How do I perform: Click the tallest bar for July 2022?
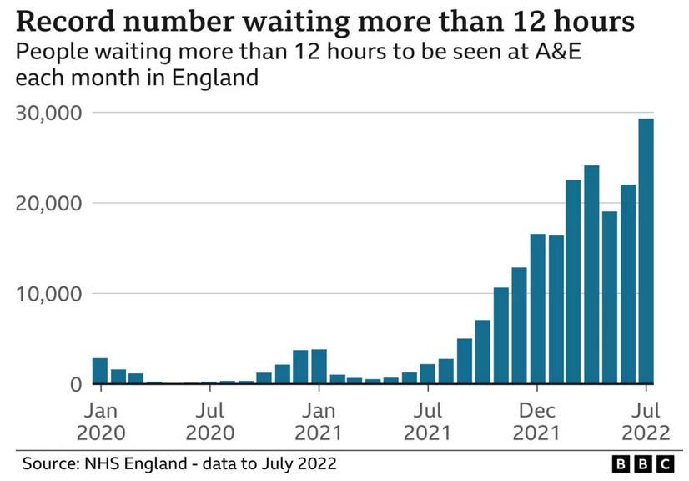646,251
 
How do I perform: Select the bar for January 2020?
100,371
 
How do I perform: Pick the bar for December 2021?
537,309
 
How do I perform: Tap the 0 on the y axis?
75,384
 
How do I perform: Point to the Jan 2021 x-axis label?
319,421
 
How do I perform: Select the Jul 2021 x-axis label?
428,421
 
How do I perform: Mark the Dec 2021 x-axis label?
537,421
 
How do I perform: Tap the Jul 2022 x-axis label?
646,421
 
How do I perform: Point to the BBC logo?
642,463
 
